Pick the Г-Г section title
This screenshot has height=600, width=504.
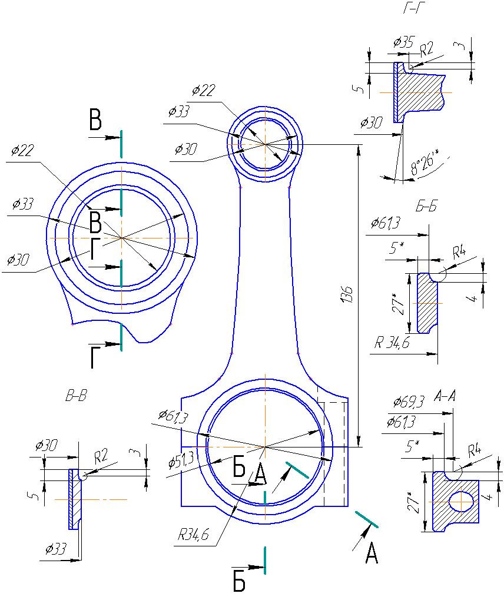pos(415,8)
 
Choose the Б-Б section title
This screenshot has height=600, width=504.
pos(426,207)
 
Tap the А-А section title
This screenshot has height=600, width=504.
pos(445,396)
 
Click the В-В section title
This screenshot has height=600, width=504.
pos(76,396)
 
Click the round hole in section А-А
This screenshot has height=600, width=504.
pos(462,501)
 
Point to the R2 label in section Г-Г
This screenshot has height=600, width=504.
pos(426,49)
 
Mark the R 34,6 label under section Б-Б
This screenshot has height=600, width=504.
pos(392,342)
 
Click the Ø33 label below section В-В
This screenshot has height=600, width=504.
pos(56,549)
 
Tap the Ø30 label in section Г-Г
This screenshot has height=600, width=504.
pos(371,123)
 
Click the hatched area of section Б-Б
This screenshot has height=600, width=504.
pos(427,303)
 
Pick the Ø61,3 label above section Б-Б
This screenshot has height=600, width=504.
pos(386,223)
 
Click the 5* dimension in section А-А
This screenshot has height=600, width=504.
pos(412,446)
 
